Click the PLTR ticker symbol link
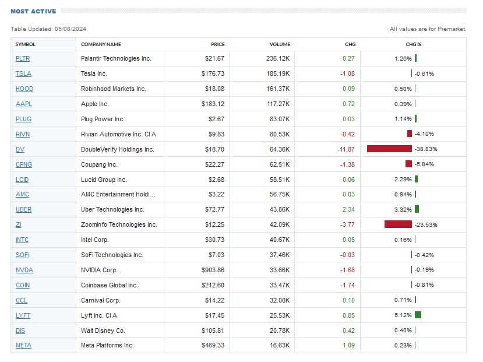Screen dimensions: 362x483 coord(23,58)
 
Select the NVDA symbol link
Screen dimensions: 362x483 coord(24,270)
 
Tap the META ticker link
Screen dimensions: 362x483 coord(23,345)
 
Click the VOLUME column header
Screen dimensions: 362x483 coord(280,44)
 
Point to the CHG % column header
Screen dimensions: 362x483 coord(413,44)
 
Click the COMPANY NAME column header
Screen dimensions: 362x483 coord(101,44)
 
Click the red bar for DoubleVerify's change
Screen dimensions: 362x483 coord(389,149)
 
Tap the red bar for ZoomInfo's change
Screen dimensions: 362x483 coord(398,224)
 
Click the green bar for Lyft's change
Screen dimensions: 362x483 coord(418,315)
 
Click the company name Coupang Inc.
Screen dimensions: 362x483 coord(99,164)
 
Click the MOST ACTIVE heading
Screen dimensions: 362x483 coord(33,11)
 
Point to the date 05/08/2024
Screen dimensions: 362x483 coord(70,29)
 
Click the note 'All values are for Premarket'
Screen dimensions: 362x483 coord(428,29)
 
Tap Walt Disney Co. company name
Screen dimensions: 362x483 coord(104,330)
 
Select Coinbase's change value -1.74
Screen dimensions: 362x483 coord(347,285)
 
